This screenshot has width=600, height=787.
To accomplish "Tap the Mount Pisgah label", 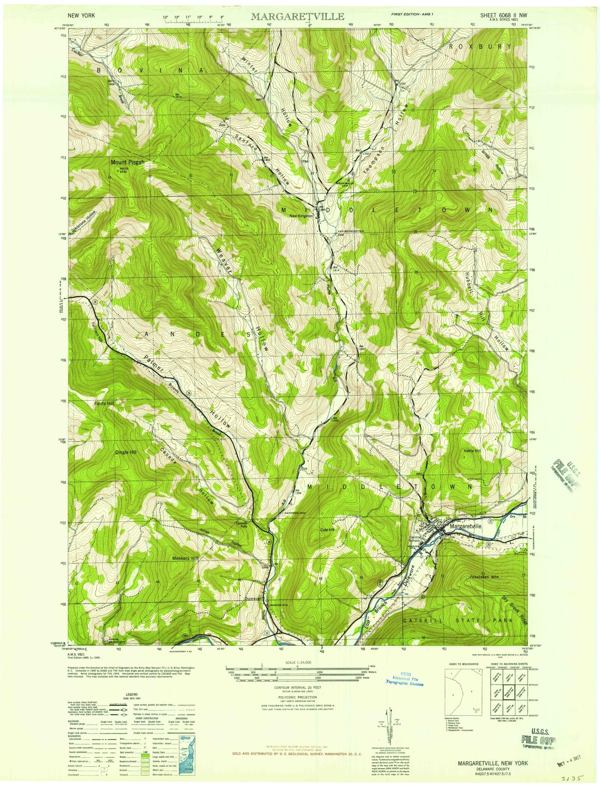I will [127, 162].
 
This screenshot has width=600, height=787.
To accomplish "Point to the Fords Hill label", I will [104, 403].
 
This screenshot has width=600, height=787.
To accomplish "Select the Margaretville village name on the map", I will [471, 526].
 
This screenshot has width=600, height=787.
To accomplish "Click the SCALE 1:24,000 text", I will [298, 663].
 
